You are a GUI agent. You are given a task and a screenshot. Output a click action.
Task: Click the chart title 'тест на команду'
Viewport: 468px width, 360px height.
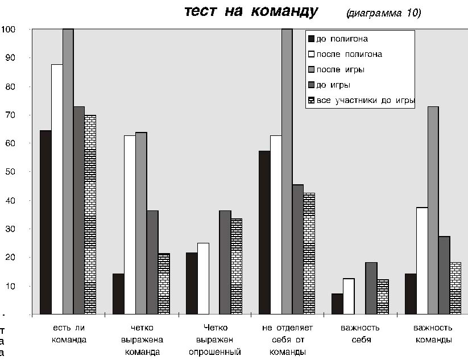coord(251,12)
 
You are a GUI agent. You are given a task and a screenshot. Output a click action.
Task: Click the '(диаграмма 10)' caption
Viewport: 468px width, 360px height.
coord(383,13)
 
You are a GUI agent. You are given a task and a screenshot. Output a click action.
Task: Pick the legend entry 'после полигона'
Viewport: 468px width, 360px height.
coord(345,55)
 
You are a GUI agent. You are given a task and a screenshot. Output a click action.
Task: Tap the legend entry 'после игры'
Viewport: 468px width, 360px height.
coord(336,70)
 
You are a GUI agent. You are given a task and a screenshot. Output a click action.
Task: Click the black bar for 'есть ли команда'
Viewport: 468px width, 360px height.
coord(45,222)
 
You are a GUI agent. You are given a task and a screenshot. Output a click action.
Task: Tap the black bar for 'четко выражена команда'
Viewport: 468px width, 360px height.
coord(118,293)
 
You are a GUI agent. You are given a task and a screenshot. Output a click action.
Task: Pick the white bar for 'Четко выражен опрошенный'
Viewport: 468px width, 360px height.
coord(202,278)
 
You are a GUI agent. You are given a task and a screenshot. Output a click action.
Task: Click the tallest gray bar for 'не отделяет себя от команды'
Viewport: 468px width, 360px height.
coord(287,171)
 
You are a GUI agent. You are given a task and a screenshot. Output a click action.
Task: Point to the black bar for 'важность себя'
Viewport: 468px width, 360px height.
coord(337,304)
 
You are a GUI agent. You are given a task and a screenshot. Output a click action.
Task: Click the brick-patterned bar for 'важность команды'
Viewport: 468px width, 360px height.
coord(455,288)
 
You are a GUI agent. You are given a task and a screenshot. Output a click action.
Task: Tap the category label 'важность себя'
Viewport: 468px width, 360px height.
coord(360,334)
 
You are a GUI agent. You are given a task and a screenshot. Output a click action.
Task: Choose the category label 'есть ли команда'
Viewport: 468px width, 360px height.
coord(69,334)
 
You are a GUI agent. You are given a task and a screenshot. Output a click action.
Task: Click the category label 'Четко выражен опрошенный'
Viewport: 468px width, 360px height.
coord(214,340)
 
